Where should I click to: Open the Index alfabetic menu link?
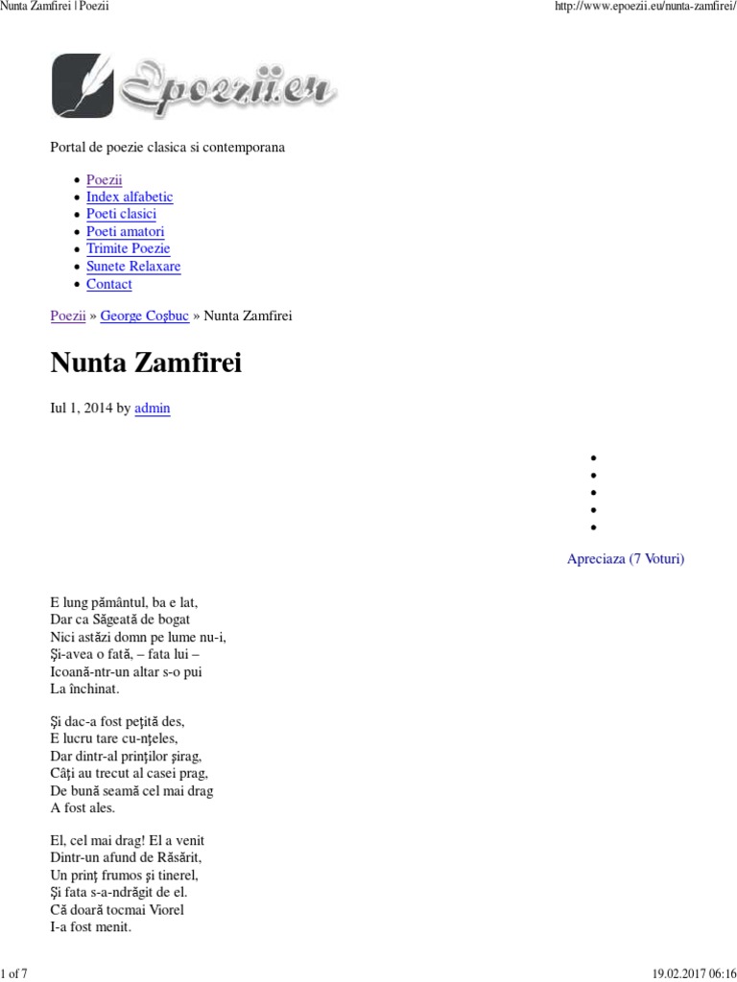[130, 198]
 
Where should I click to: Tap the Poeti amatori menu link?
[125, 232]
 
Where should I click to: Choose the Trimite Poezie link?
[128, 249]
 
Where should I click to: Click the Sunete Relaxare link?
[133, 267]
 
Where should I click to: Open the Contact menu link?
[108, 285]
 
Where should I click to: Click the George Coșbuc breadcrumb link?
[144, 316]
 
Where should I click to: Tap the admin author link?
[153, 408]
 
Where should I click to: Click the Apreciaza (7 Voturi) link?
[626, 559]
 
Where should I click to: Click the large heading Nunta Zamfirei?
[146, 364]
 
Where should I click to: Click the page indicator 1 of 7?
[15, 974]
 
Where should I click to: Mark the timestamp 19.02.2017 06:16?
[691, 974]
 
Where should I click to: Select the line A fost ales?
[83, 808]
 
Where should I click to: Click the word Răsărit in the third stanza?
[174, 858]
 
